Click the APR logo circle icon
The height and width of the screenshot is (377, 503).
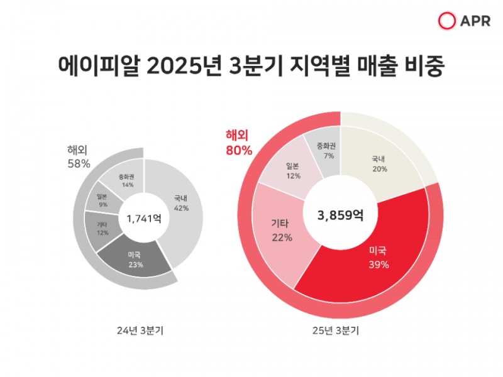click(446, 21)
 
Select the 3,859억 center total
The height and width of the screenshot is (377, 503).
click(340, 215)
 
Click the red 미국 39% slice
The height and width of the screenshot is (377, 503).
click(377, 258)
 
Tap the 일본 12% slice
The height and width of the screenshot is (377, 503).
click(293, 171)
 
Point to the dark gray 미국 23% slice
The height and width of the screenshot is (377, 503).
click(135, 259)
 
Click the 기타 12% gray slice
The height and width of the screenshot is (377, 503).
click(101, 228)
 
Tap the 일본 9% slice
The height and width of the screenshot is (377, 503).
click(102, 200)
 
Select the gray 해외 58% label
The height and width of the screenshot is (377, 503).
click(79, 156)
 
